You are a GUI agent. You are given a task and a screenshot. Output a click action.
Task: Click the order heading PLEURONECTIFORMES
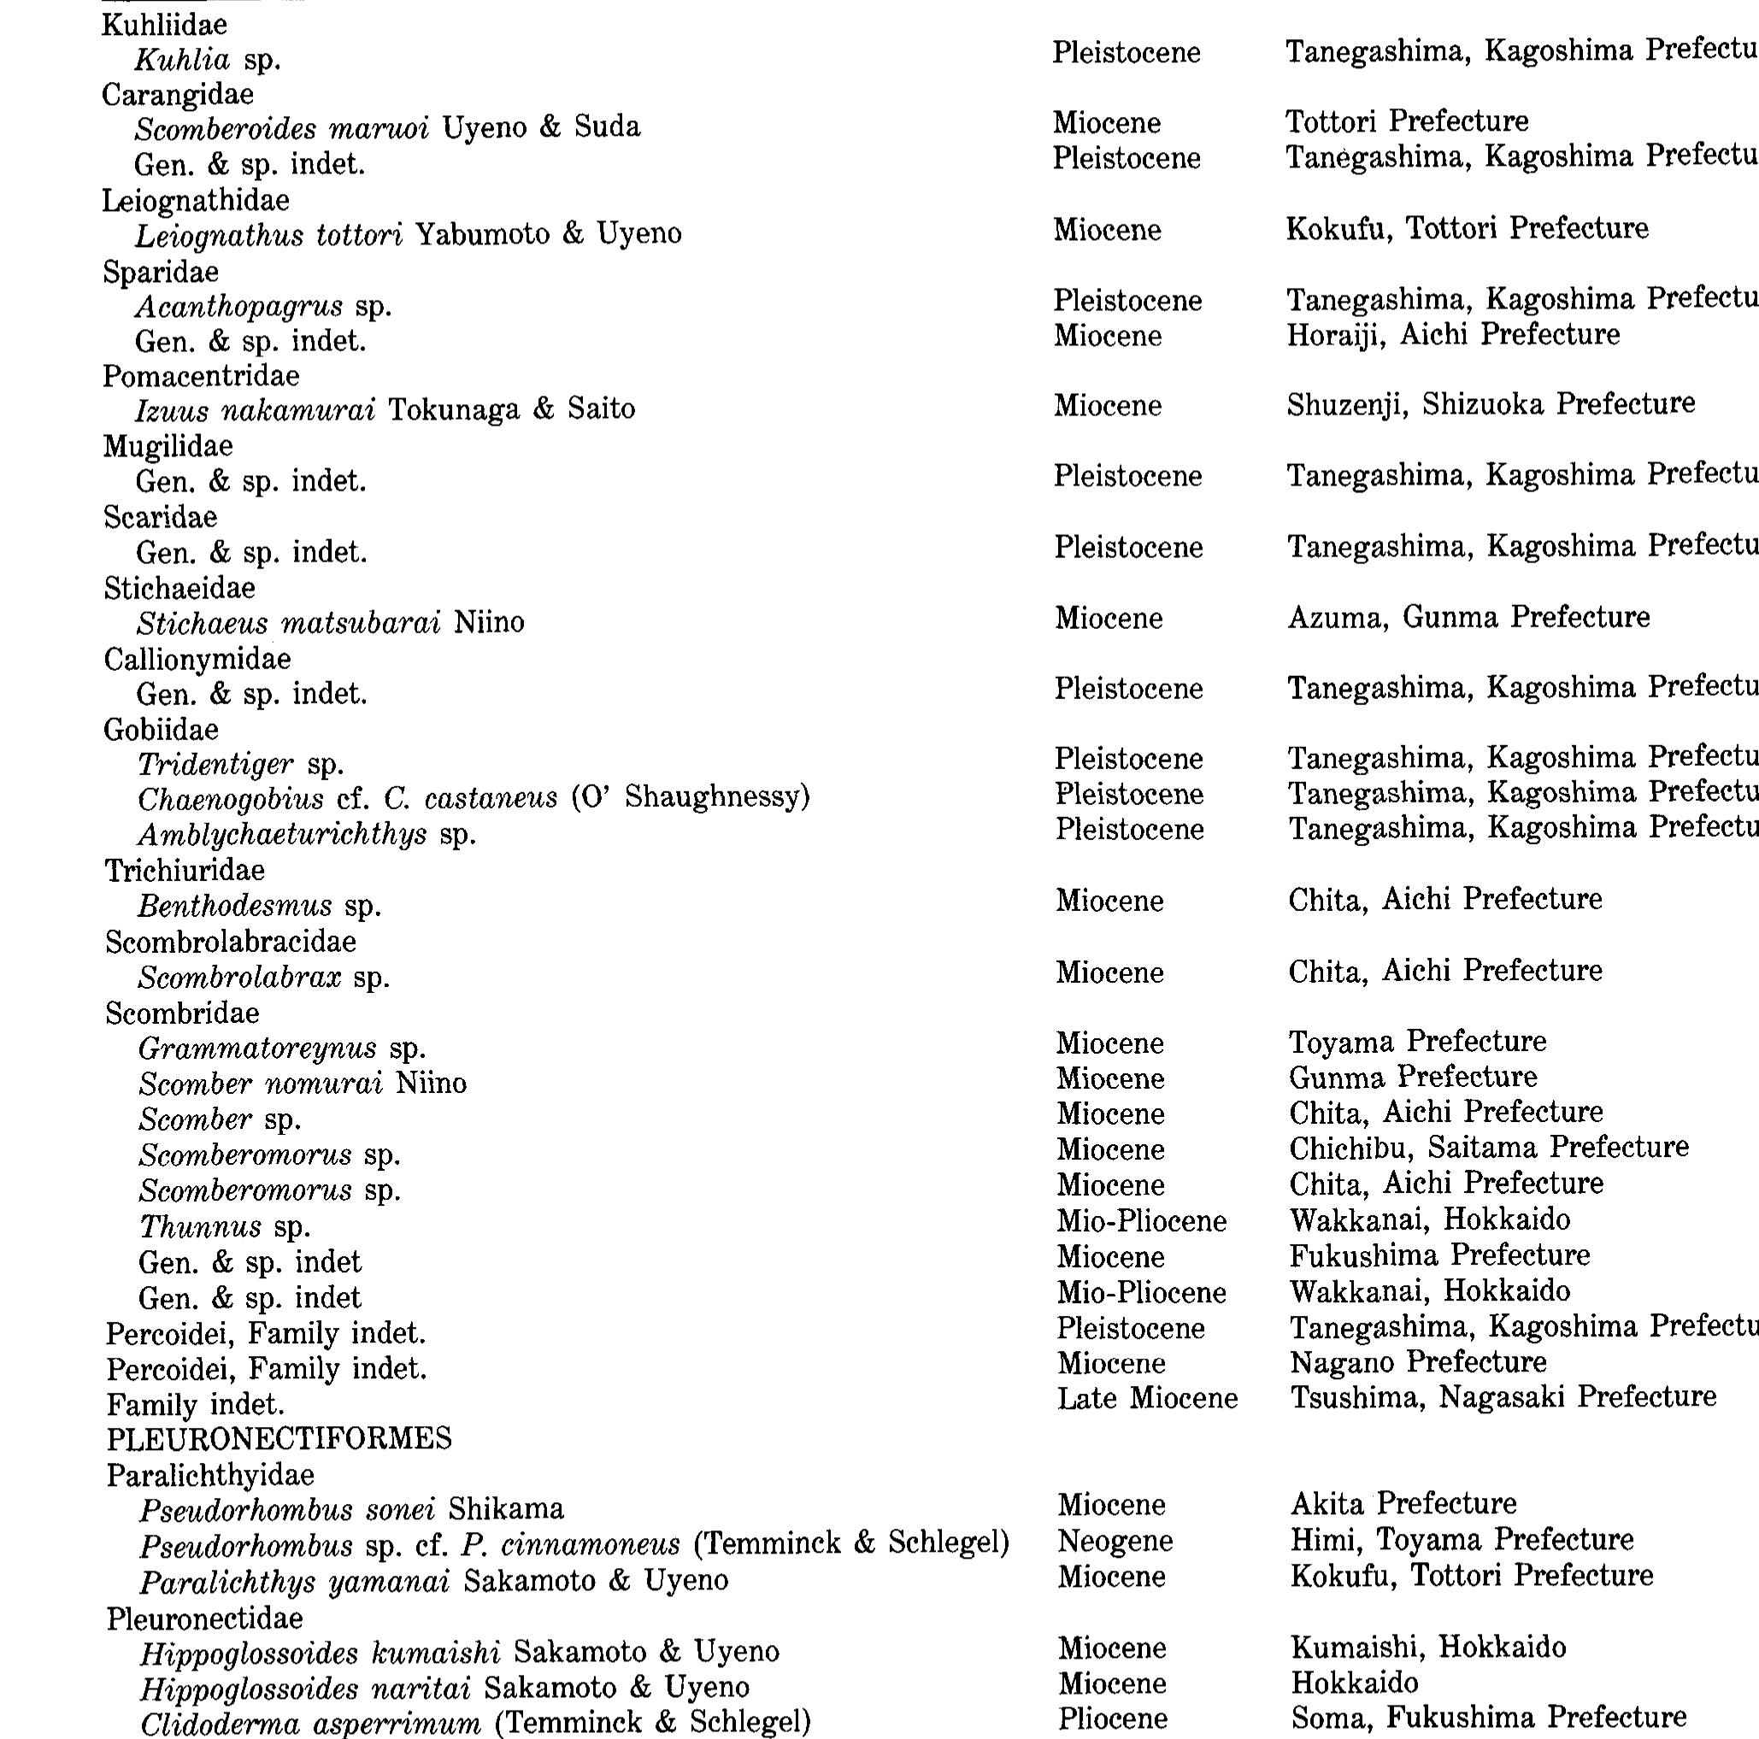pyautogui.click(x=279, y=1439)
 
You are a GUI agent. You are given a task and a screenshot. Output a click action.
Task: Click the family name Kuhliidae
pyautogui.click(x=164, y=25)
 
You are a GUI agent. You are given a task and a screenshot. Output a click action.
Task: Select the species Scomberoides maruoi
pyautogui.click(x=281, y=128)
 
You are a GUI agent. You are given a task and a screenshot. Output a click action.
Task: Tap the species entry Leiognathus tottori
pyautogui.click(x=268, y=235)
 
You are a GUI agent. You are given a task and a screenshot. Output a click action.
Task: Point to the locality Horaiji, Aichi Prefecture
pyautogui.click(x=1452, y=335)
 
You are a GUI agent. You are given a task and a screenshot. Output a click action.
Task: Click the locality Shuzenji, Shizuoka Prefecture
pyautogui.click(x=1490, y=404)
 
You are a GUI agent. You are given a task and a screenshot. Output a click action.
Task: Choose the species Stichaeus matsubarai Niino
pyautogui.click(x=331, y=623)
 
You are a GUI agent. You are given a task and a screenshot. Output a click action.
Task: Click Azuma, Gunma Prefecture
pyautogui.click(x=1468, y=617)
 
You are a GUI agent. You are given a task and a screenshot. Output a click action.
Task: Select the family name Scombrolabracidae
pyautogui.click(x=231, y=943)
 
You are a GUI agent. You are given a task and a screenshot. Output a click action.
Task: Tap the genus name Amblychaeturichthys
pyautogui.click(x=282, y=834)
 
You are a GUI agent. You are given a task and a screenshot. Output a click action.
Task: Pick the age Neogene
pyautogui.click(x=1115, y=1542)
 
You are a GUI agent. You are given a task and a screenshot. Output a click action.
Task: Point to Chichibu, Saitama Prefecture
pyautogui.click(x=1488, y=1147)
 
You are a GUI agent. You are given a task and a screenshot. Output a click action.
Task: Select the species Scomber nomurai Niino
pyautogui.click(x=303, y=1084)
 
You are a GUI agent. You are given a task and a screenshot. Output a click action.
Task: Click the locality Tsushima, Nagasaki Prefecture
pyautogui.click(x=1503, y=1396)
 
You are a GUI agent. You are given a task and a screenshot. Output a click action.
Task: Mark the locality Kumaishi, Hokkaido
pyautogui.click(x=1427, y=1647)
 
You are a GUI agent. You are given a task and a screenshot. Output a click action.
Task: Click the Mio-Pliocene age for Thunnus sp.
pyautogui.click(x=1141, y=1221)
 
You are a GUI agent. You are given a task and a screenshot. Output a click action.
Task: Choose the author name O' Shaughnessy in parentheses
pyautogui.click(x=690, y=797)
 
